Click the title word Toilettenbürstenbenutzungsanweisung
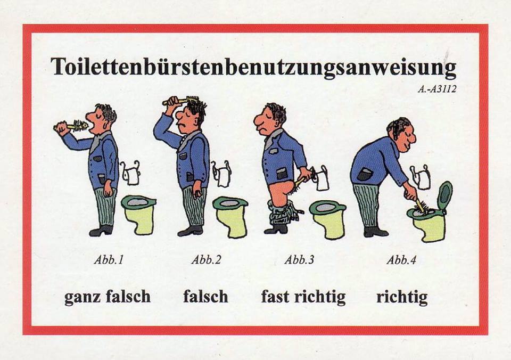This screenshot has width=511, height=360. [253, 68]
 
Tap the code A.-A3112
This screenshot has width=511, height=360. [436, 89]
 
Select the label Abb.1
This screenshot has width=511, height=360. [109, 260]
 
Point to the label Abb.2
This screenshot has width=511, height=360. [207, 260]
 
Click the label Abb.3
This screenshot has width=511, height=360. [299, 260]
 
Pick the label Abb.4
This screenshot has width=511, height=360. [401, 260]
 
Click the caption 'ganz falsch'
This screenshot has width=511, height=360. [108, 297]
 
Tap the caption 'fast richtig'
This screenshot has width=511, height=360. [303, 297]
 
